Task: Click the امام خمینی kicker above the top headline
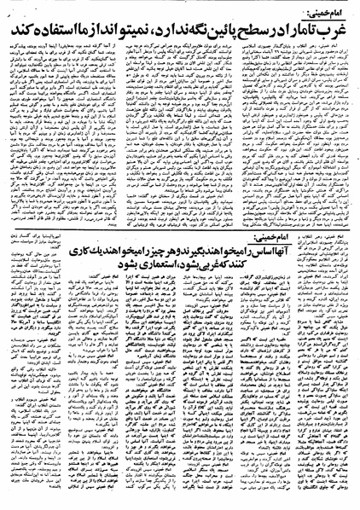point(324,8)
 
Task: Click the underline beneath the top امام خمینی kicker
point(324,14)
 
